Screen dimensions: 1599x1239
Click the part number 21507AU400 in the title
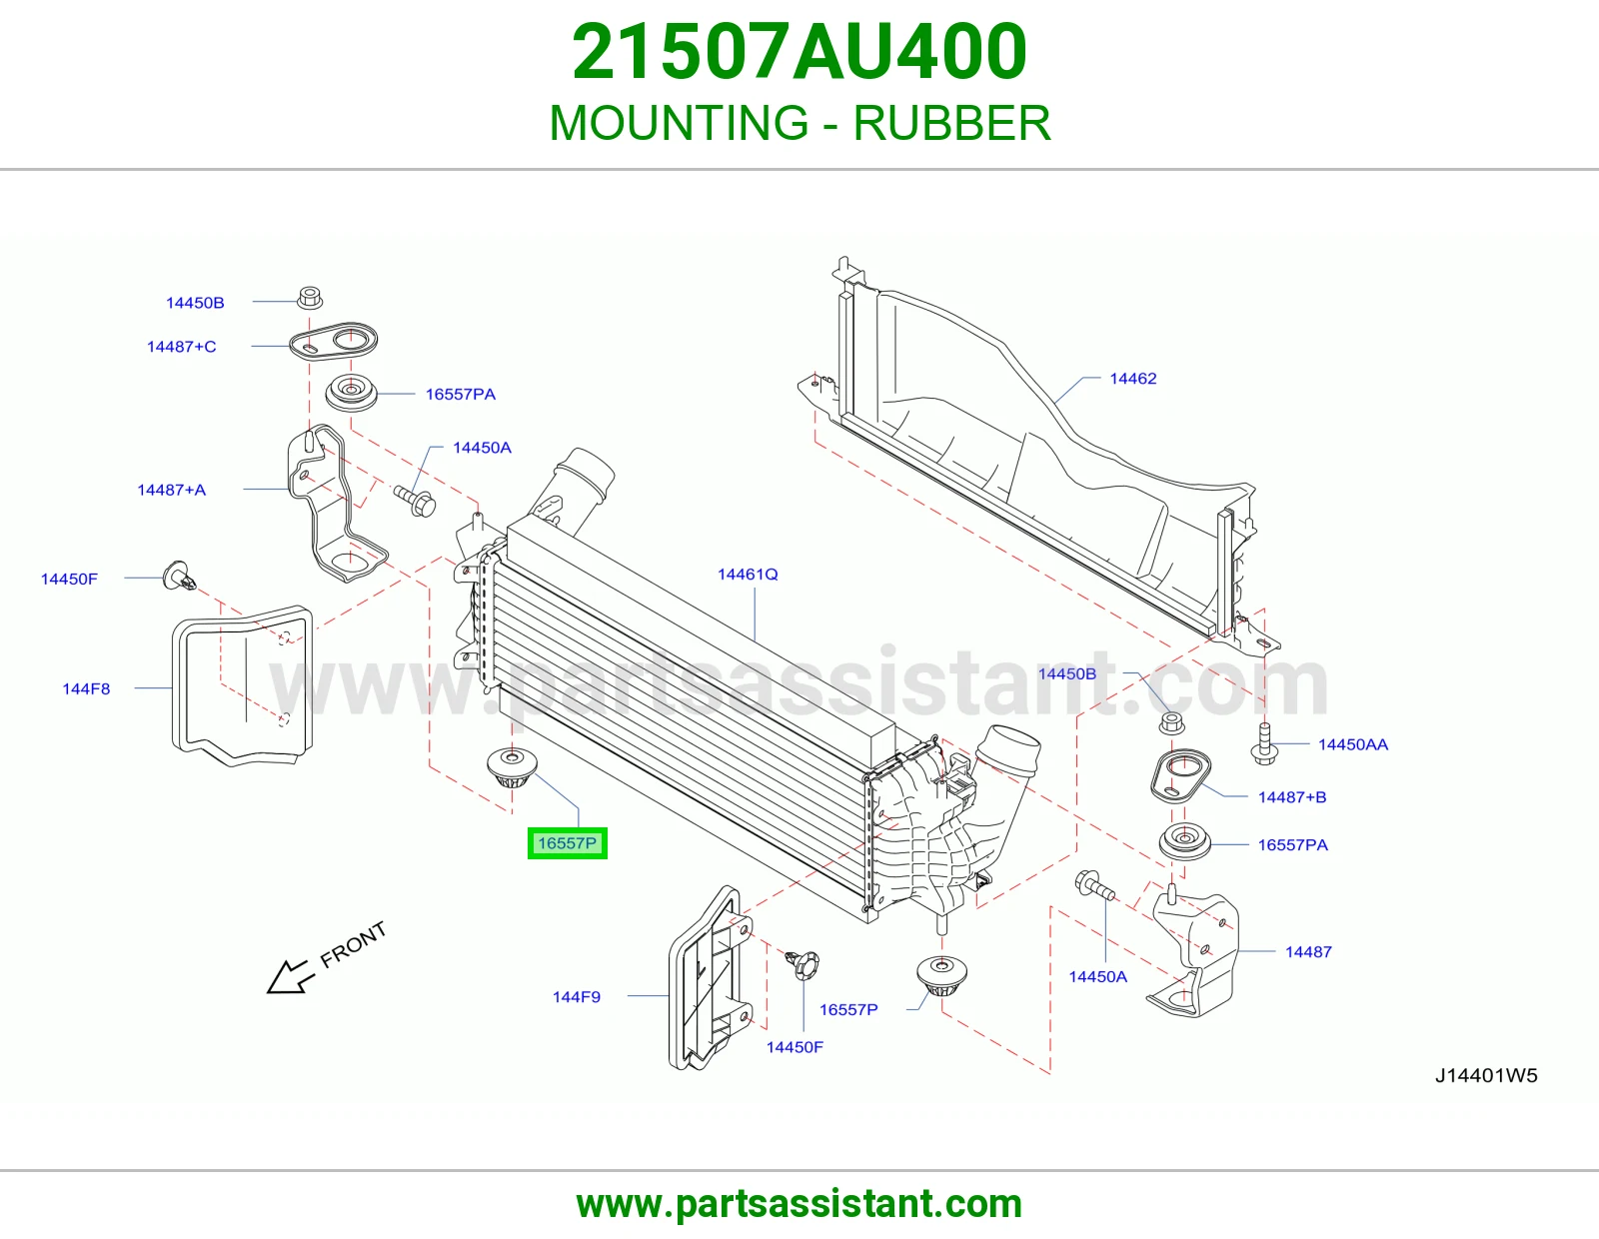799,52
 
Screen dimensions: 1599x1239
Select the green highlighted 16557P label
568,843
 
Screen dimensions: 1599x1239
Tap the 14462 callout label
1132,378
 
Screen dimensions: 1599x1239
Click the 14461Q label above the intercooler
748,574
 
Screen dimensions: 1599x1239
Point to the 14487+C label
182,347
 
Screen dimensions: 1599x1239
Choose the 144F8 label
86,688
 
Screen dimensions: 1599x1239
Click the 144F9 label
577,997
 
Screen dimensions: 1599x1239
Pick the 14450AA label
1352,744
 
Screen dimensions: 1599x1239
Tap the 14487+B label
1292,796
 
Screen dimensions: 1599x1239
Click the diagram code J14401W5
1486,1076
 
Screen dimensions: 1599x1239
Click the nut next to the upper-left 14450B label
310,298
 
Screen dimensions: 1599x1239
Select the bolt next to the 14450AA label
1264,744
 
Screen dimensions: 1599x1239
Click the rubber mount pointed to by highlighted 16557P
512,767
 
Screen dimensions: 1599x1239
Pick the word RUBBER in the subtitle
951,123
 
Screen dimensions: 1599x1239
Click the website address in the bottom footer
799,1204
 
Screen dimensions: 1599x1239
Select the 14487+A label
172,490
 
